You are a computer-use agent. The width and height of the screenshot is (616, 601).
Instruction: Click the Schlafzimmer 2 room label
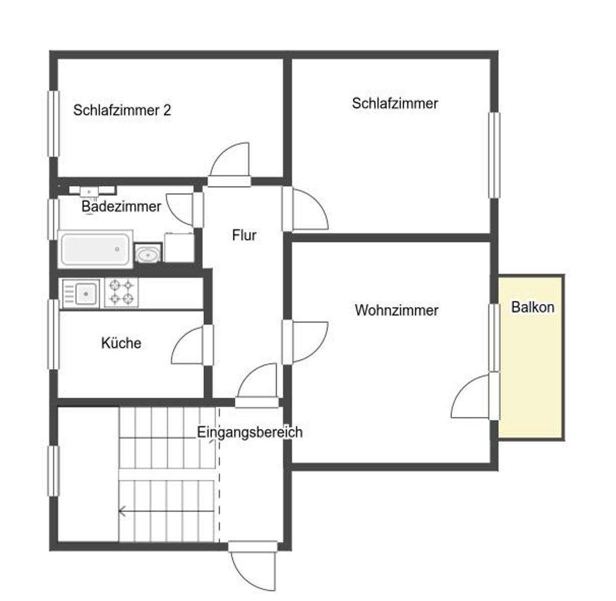(122, 110)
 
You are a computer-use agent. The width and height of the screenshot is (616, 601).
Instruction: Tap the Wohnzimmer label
(396, 310)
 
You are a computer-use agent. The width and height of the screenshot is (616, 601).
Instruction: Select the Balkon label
(532, 307)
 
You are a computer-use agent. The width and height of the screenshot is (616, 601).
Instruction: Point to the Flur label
(244, 235)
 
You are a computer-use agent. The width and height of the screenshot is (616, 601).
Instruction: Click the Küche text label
(121, 343)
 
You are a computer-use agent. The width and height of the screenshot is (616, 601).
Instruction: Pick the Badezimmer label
(121, 206)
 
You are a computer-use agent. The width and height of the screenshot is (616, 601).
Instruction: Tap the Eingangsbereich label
(249, 432)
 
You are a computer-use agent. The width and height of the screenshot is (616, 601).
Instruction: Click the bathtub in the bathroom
(95, 249)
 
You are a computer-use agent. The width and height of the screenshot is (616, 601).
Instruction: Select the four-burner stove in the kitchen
(121, 292)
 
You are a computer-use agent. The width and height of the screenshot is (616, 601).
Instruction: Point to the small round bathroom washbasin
(148, 254)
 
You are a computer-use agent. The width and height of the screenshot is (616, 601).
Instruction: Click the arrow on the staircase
(122, 511)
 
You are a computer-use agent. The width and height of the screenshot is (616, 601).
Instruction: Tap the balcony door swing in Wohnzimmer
(471, 397)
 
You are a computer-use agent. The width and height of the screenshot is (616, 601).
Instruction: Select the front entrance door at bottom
(253, 568)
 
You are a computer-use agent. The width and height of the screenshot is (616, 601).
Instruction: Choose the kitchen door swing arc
(188, 346)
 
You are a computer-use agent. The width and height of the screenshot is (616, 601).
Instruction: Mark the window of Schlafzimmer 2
(53, 123)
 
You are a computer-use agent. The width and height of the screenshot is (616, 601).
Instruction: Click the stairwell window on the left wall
(53, 471)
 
